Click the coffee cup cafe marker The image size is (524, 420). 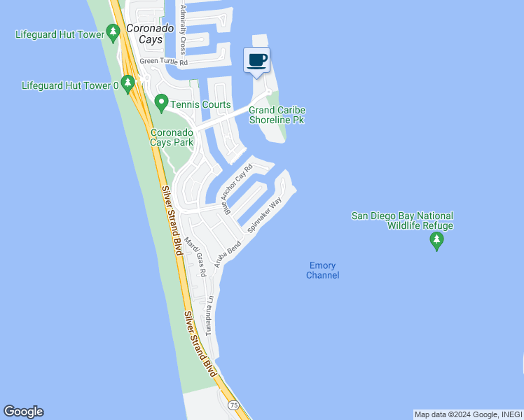[257, 59]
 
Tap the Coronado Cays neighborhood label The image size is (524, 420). [144, 34]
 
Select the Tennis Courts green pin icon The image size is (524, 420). [161, 104]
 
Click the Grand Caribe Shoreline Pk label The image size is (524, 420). [277, 115]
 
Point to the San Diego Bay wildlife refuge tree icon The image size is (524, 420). [437, 241]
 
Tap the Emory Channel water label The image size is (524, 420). [322, 270]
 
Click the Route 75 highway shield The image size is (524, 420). [233, 405]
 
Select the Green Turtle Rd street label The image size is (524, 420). [165, 62]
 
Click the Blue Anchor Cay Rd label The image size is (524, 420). [237, 188]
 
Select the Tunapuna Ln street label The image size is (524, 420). [209, 315]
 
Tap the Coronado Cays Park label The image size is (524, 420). [172, 137]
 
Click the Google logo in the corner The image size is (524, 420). [23, 412]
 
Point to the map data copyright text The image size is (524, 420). [468, 414]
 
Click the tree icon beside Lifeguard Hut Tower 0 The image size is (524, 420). [127, 85]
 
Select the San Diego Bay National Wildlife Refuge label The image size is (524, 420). [402, 220]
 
